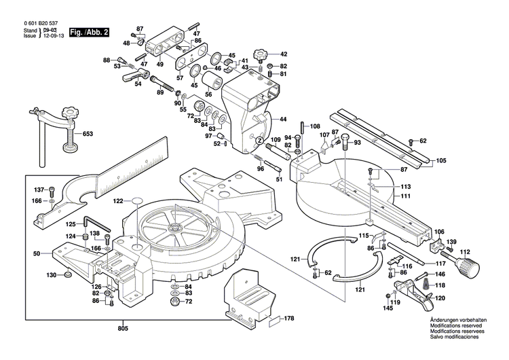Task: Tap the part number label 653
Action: tap(88, 134)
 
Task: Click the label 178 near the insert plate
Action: tap(288, 318)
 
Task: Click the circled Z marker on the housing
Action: tap(258, 140)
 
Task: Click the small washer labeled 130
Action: tap(68, 275)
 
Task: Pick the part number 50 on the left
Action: tap(37, 253)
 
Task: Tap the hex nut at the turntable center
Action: tap(175, 229)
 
